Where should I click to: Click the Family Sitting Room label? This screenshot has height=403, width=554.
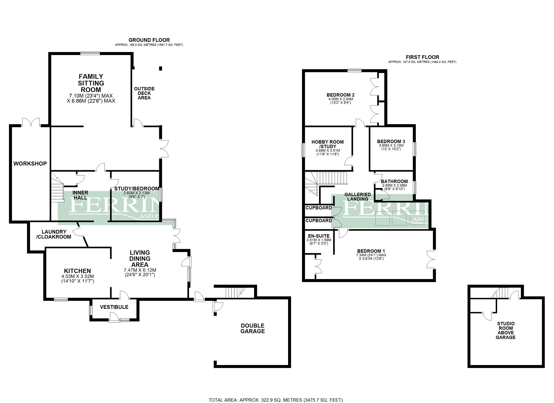pos(91,83)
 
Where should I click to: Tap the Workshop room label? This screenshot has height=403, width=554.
pos(30,164)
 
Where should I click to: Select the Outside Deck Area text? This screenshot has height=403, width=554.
pos(144,93)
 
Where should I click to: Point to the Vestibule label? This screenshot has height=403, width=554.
pos(114,307)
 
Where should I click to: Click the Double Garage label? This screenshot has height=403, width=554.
pos(253,328)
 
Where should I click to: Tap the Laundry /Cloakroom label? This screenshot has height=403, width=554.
pos(54,234)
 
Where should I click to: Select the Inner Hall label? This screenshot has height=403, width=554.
pos(80,195)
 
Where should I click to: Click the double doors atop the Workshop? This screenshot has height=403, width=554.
pos(31,122)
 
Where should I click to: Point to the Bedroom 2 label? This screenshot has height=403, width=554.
pos(340,95)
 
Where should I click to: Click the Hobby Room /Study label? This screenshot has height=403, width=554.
pos(327,144)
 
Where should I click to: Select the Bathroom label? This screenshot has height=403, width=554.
pos(394,181)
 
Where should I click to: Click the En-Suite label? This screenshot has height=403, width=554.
pos(319,236)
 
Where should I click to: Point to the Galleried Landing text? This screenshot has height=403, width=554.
pos(358,197)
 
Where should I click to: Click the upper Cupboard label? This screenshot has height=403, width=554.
pos(318,208)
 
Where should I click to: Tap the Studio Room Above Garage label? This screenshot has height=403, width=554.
pos(506,330)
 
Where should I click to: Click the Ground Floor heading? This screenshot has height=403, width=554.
pos(149,40)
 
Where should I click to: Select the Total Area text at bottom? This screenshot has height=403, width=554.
pos(275,400)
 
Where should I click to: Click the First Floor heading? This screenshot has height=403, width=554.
pos(422,57)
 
